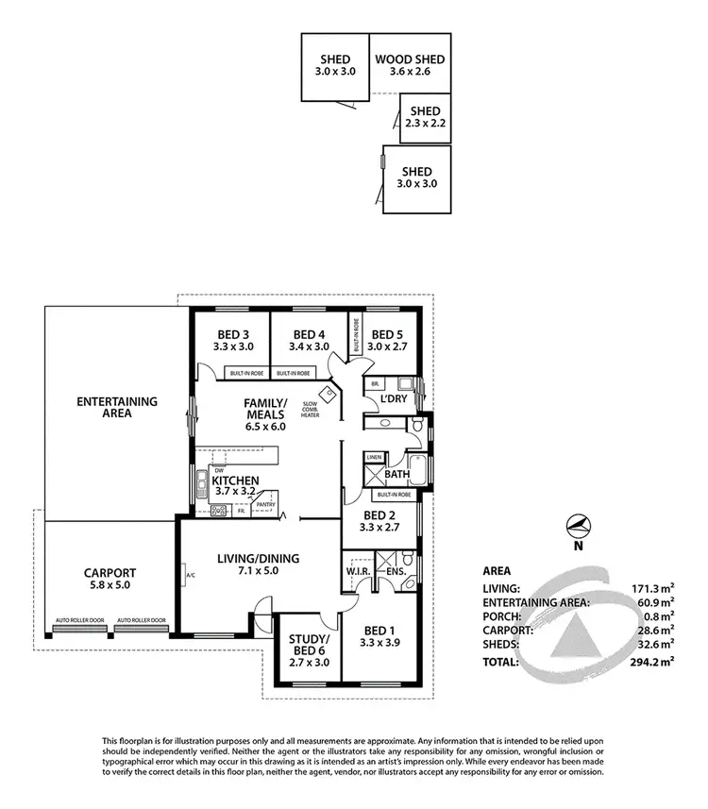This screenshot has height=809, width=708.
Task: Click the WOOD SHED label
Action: click(409, 59)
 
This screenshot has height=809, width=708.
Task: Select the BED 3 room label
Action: click(231, 334)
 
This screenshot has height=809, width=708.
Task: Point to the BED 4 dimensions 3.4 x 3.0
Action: click(308, 347)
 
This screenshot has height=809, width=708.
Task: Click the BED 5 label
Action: click(387, 334)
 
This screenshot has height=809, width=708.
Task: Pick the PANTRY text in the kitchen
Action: click(265, 504)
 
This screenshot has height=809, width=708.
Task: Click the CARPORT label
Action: click(110, 572)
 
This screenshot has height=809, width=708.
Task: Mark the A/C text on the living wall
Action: click(190, 575)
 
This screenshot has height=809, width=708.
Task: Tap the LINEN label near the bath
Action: click(374, 458)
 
